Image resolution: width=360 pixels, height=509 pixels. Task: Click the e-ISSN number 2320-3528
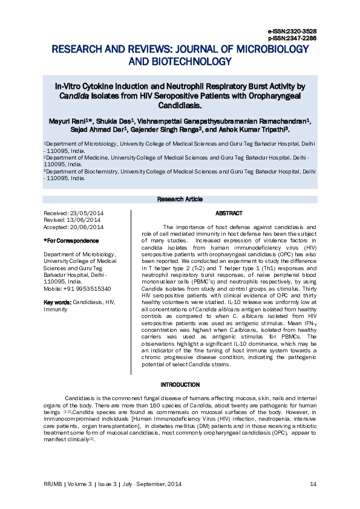(301, 31)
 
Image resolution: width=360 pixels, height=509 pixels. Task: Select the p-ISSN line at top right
(292, 37)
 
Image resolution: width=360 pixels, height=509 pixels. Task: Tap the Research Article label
(179, 199)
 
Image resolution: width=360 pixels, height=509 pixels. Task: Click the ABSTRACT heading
(229, 213)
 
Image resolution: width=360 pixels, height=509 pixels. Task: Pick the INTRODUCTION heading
(180, 384)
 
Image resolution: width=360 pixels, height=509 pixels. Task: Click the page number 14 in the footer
(313, 484)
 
